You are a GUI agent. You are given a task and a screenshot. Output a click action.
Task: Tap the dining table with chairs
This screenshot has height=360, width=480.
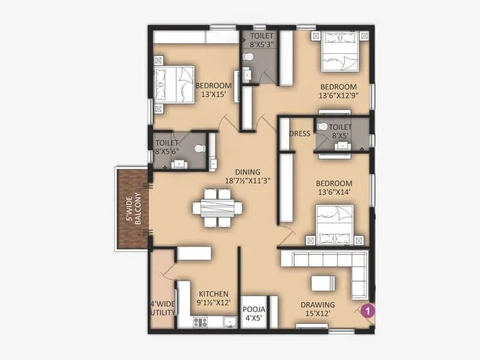218,208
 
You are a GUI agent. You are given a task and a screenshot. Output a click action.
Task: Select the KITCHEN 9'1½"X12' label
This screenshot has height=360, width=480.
214,298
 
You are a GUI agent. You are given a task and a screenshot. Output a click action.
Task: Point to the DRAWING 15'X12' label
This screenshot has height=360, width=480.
317,308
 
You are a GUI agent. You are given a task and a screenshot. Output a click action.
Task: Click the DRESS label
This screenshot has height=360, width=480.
299,134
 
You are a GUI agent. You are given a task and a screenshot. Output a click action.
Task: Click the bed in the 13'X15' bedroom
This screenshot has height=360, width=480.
170,85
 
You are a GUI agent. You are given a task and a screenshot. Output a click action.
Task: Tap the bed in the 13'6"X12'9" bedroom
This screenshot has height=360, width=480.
340,52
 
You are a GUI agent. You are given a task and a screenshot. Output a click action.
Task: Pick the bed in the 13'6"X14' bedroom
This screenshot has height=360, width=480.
335,223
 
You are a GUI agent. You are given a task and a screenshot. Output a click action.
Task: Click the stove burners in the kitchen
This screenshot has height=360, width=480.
200,321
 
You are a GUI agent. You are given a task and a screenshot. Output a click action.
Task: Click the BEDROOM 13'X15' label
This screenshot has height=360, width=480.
213,89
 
